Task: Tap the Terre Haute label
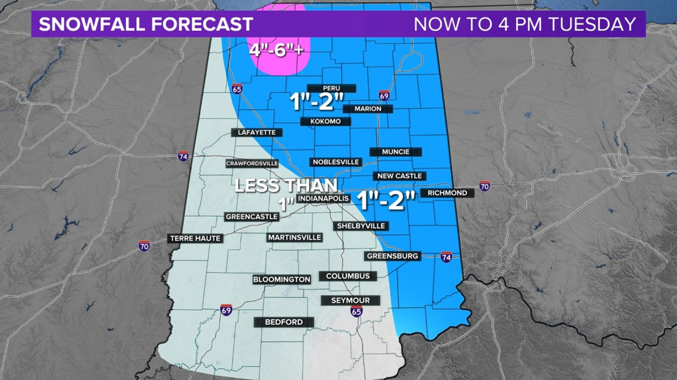tap(195, 238)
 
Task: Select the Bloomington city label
tap(281, 279)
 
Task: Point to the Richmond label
tap(447, 193)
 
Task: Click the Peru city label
tap(331, 88)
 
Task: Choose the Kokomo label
tap(325, 122)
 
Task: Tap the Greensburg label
tap(393, 256)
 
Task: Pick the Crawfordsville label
tap(252, 164)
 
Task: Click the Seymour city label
tap(350, 301)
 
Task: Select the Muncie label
tap(396, 152)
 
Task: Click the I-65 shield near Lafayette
tap(237, 89)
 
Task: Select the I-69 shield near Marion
tap(384, 95)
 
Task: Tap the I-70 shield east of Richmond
tap(485, 186)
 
